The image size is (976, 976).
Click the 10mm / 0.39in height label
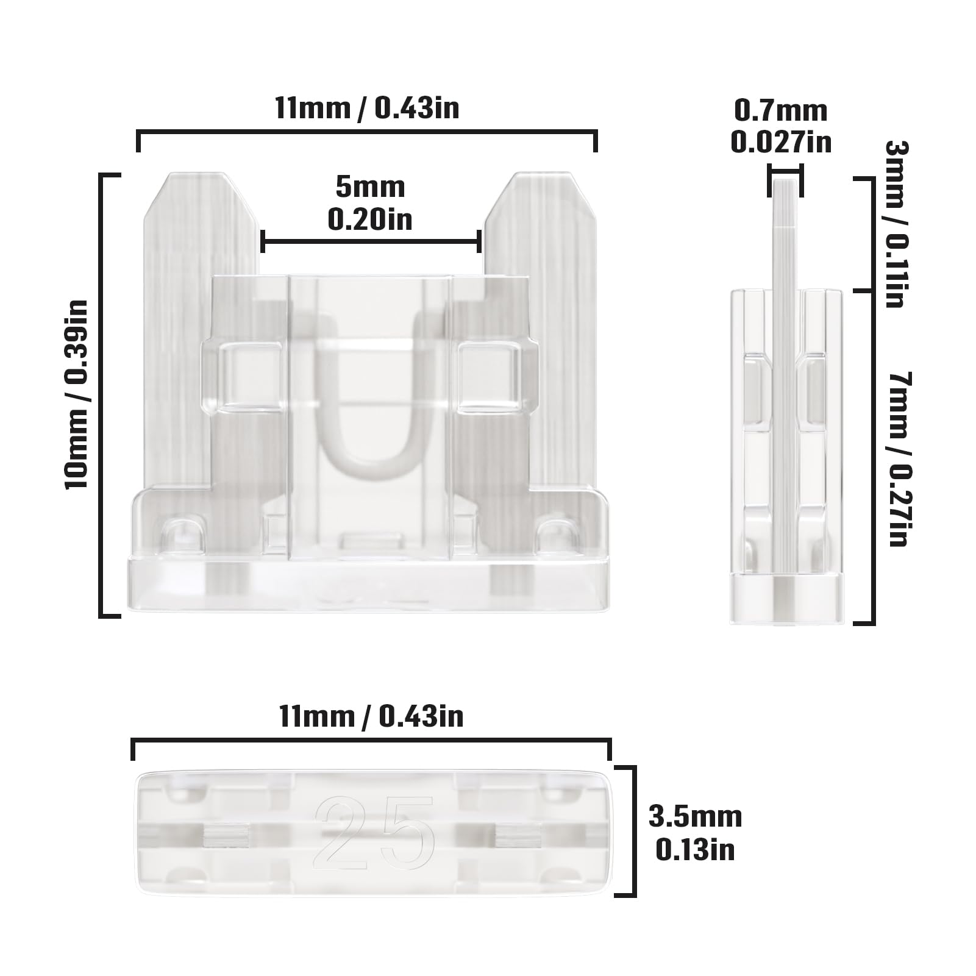[x=78, y=394]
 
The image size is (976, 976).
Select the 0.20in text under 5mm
[x=370, y=219]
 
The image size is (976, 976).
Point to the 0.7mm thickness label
[x=781, y=111]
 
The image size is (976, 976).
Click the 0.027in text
[x=781, y=143]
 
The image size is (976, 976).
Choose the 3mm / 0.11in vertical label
[x=896, y=224]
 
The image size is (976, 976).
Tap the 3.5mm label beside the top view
[x=695, y=816]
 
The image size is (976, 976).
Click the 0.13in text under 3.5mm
[x=695, y=850]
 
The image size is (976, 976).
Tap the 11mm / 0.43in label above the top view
[x=371, y=716]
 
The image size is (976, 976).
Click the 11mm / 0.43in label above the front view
[x=367, y=109]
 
